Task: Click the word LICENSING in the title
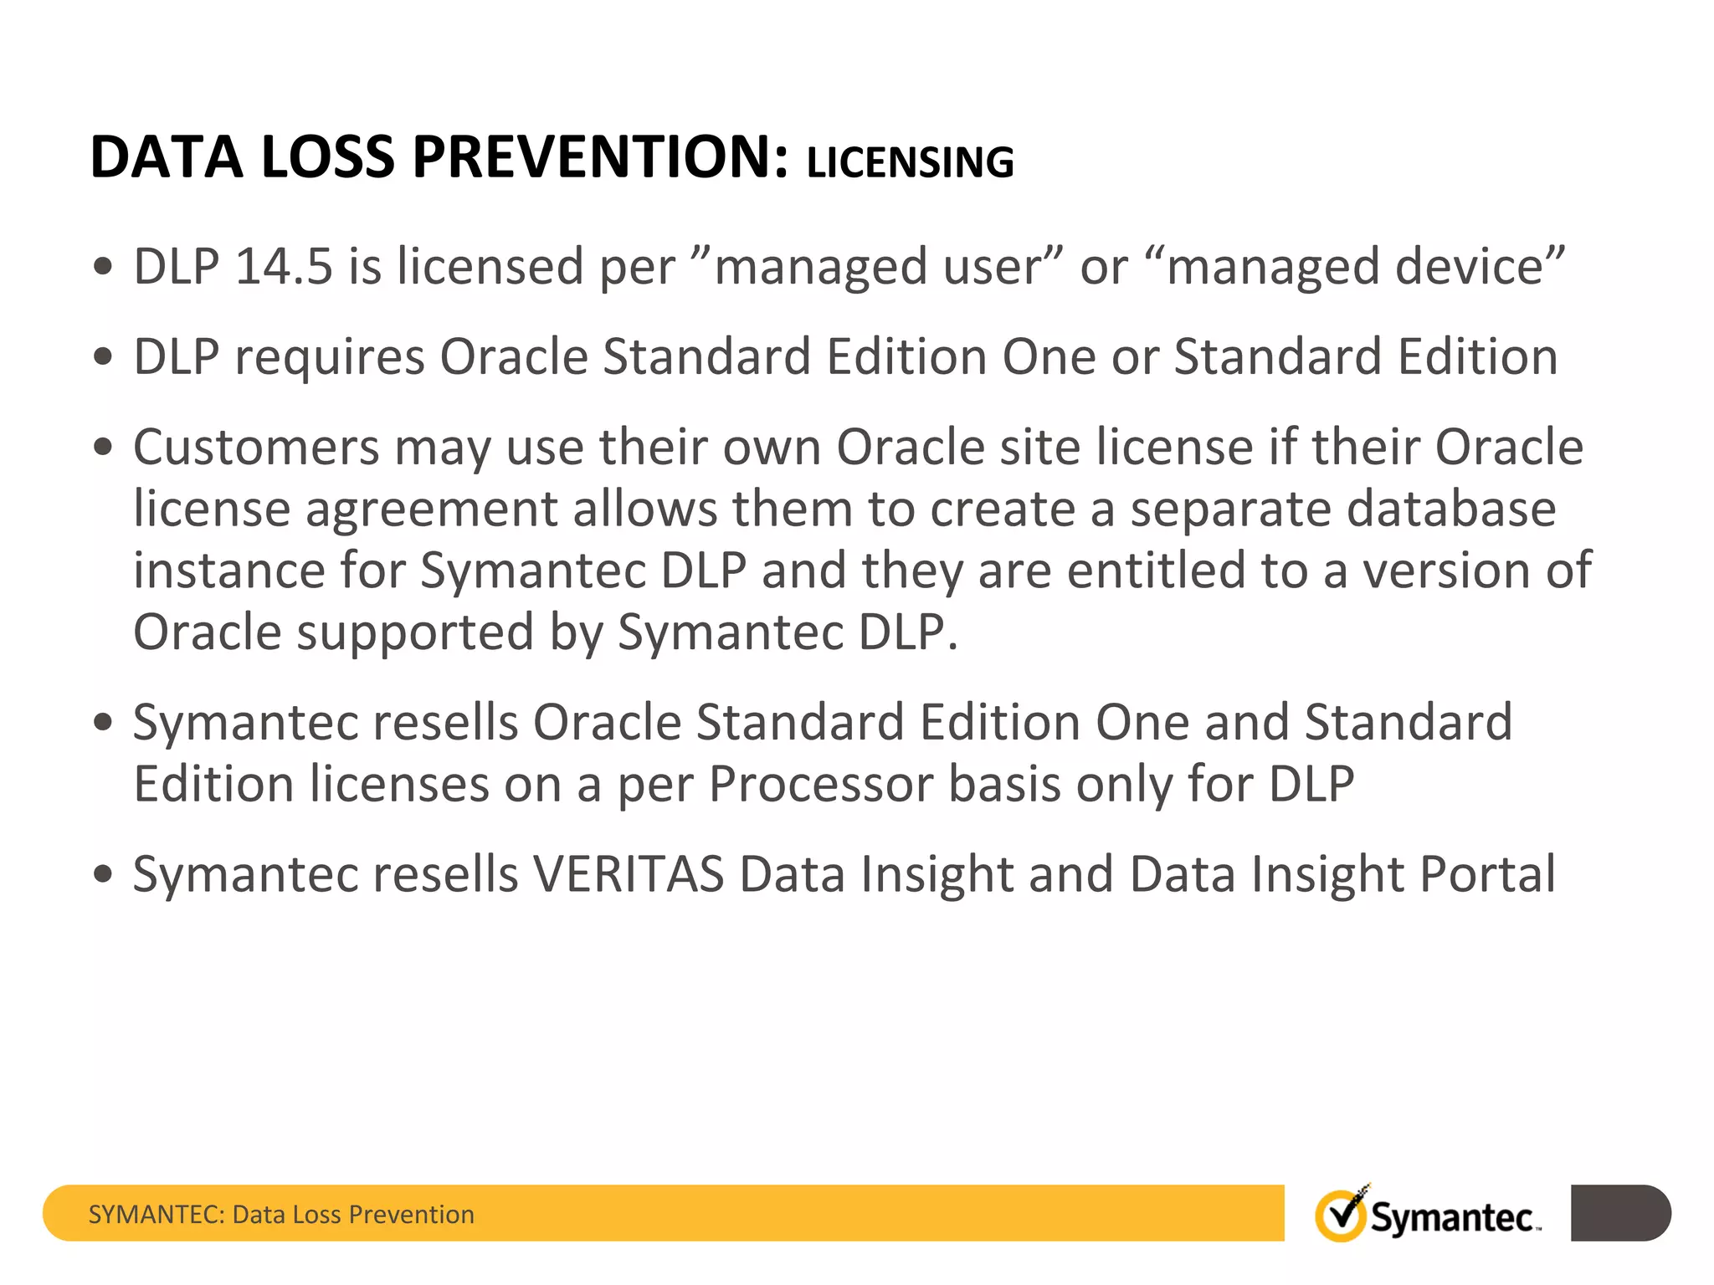pyautogui.click(x=910, y=162)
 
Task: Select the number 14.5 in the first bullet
pyautogui.click(x=284, y=267)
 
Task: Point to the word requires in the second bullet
pyautogui.click(x=330, y=358)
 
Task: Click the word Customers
pyautogui.click(x=256, y=447)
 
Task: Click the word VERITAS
pyautogui.click(x=629, y=874)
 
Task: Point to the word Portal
pyautogui.click(x=1488, y=874)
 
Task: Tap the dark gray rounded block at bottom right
pyautogui.click(x=1620, y=1213)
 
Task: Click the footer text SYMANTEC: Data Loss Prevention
pyautogui.click(x=281, y=1215)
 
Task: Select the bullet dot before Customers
pyautogui.click(x=103, y=448)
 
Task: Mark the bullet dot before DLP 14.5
pyautogui.click(x=103, y=268)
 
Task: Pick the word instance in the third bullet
pyautogui.click(x=228, y=571)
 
